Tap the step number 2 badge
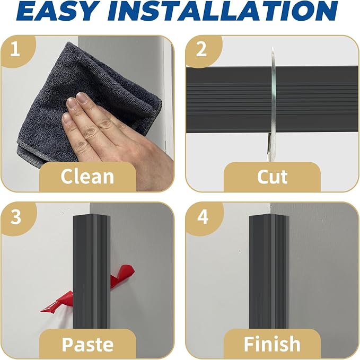click(x=202, y=50)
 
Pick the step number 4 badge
click(x=203, y=217)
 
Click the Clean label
click(x=87, y=177)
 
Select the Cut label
click(x=273, y=177)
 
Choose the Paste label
click(x=87, y=344)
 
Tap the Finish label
click(x=273, y=344)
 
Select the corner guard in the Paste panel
click(x=92, y=271)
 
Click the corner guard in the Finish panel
click(x=269, y=271)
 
